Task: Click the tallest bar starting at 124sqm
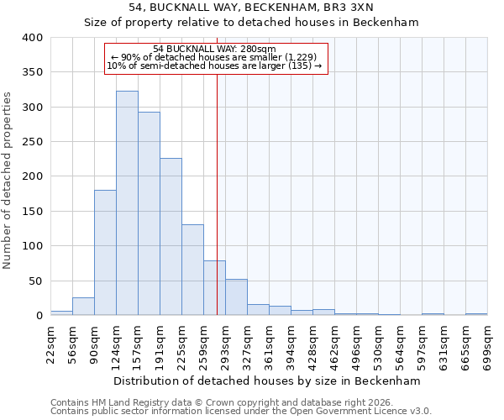[127, 203]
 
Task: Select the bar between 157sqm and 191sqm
[149, 214]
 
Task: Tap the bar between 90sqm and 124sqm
[105, 253]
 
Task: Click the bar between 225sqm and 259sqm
[192, 270]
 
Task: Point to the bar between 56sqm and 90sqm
[83, 307]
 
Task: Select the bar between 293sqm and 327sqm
[236, 297]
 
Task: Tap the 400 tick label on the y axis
[33, 38]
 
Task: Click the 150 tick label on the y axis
[33, 212]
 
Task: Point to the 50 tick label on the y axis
[36, 281]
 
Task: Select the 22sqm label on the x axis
[50, 344]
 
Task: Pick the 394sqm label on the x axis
[291, 344]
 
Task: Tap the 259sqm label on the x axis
[203, 344]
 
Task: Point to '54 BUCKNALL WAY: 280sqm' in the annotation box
[215, 50]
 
